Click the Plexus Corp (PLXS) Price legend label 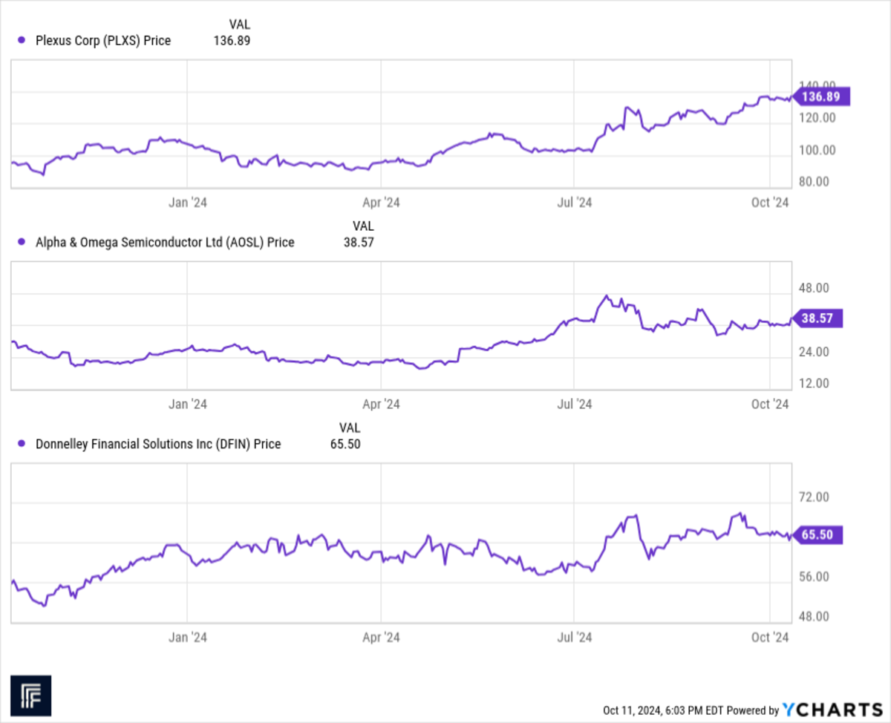pos(103,41)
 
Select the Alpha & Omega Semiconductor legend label pos(165,242)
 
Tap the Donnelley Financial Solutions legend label pos(158,444)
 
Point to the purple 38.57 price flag pos(818,318)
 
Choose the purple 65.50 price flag pos(818,534)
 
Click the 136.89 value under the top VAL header pos(232,41)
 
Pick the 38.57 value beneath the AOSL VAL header pos(358,242)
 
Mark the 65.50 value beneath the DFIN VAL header pos(345,444)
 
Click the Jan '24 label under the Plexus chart pos(188,202)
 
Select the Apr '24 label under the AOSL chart pos(381,404)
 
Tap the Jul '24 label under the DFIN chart pos(574,637)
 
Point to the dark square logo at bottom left pos(30,696)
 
